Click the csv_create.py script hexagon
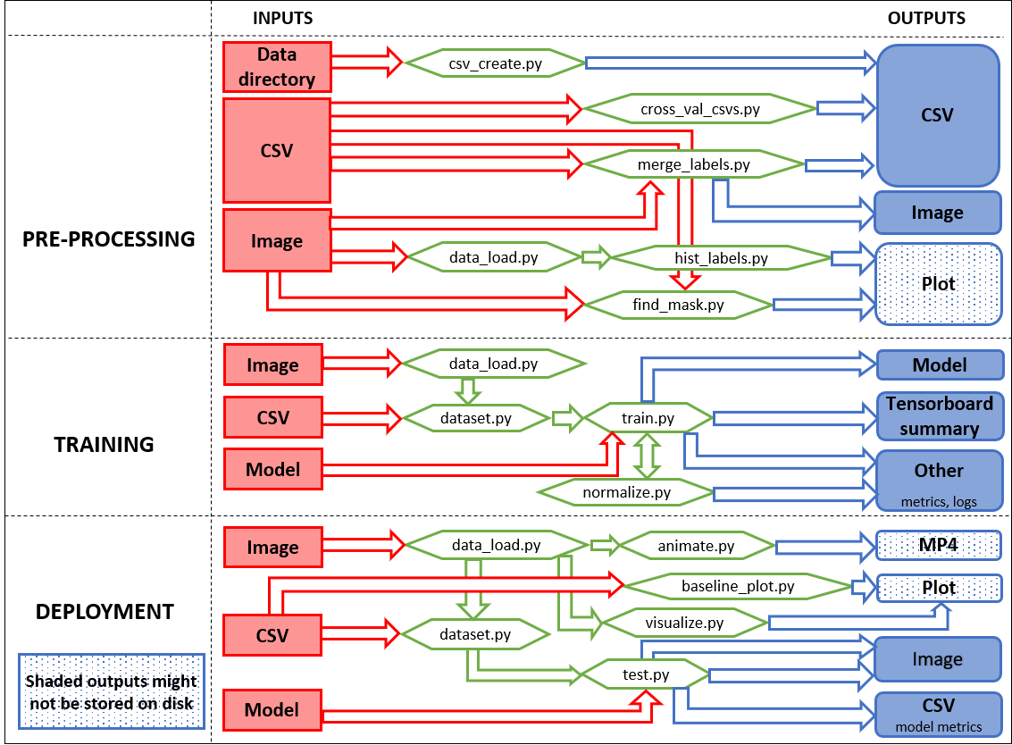(495, 63)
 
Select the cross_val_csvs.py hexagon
(699, 109)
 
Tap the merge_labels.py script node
(694, 164)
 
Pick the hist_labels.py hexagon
(721, 258)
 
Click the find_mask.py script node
(678, 305)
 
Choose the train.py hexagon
(648, 418)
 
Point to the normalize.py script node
(626, 492)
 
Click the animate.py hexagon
(697, 546)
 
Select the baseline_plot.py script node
(738, 586)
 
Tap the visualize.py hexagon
(684, 623)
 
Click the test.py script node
(646, 674)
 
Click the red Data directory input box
(277, 66)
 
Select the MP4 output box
(939, 545)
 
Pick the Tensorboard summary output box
(940, 415)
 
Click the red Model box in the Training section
(273, 469)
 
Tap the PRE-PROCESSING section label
(108, 239)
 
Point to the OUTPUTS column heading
(926, 18)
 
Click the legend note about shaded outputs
(112, 691)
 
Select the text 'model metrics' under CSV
(939, 727)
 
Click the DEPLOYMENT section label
(105, 611)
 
